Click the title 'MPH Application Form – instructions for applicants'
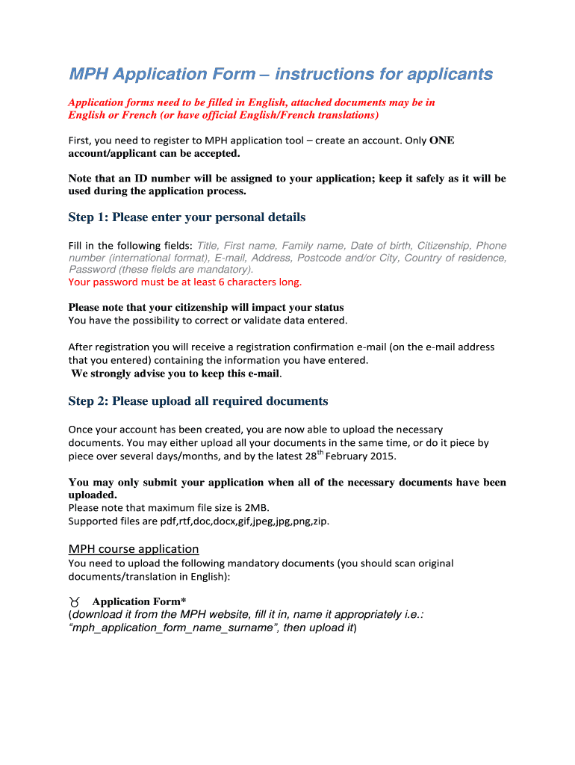pyautogui.click(x=281, y=74)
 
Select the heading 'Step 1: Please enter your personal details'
pyautogui.click(x=187, y=217)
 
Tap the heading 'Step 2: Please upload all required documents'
pyautogui.click(x=198, y=401)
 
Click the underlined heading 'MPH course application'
pyautogui.click(x=134, y=548)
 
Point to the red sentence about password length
pyautogui.click(x=185, y=282)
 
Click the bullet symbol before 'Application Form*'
pyautogui.click(x=75, y=601)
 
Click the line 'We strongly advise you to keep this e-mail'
pyautogui.click(x=176, y=374)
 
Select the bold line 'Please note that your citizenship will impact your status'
pyautogui.click(x=206, y=308)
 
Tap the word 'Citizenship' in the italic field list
pyautogui.click(x=444, y=246)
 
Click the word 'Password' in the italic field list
pyautogui.click(x=91, y=269)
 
